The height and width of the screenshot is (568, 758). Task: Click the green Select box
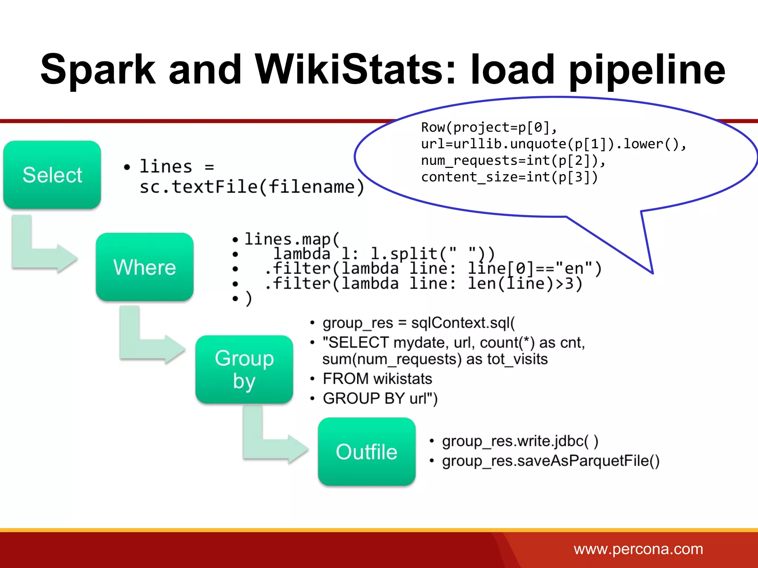click(x=52, y=175)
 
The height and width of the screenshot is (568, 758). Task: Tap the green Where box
click(x=145, y=267)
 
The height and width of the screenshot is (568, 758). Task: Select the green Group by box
click(x=244, y=369)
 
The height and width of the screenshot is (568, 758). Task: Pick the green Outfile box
click(x=366, y=451)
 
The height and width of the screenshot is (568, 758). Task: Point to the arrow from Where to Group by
click(x=148, y=344)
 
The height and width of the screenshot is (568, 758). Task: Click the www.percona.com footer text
click(x=638, y=549)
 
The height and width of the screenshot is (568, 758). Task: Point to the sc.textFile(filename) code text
click(x=252, y=186)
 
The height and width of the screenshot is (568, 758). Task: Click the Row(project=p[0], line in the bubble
click(x=489, y=128)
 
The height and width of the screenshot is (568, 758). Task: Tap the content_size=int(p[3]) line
click(x=509, y=177)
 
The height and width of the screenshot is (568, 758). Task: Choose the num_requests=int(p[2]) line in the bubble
click(x=513, y=160)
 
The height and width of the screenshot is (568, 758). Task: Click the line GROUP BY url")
click(x=380, y=398)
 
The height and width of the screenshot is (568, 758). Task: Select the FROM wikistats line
click(x=377, y=378)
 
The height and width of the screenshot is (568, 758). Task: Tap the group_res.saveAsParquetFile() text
click(x=550, y=461)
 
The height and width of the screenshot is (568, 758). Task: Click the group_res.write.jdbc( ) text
click(x=520, y=441)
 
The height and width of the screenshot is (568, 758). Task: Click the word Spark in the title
click(x=98, y=69)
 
